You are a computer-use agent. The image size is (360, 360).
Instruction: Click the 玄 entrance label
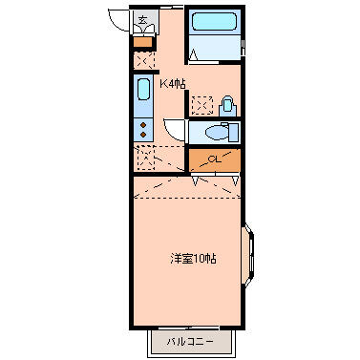point(142,20)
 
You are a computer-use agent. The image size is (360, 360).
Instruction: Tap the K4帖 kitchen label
point(172,84)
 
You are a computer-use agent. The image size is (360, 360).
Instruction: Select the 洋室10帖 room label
point(193,259)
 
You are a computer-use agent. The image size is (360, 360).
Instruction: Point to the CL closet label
point(215,159)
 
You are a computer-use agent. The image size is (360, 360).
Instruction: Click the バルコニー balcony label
point(190,342)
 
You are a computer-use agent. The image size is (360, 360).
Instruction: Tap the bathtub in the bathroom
point(214,22)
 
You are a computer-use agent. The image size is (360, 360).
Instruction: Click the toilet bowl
point(217,132)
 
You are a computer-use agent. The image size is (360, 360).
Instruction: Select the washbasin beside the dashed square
point(227,106)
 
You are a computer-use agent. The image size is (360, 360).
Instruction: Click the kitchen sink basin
point(143,89)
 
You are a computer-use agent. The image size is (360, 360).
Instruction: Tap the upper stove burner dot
point(143,125)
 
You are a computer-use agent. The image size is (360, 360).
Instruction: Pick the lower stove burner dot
point(143,135)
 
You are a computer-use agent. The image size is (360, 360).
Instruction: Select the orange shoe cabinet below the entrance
point(143,42)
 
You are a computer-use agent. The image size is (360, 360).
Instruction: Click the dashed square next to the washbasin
point(202,105)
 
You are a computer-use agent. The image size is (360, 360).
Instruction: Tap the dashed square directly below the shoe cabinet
point(144,60)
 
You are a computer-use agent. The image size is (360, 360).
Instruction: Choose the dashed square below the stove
point(144,158)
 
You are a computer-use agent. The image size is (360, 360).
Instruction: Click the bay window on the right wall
point(248,255)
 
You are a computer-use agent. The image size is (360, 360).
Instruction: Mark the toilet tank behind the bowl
point(234,133)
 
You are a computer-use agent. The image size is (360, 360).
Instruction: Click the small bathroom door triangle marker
point(193,54)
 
